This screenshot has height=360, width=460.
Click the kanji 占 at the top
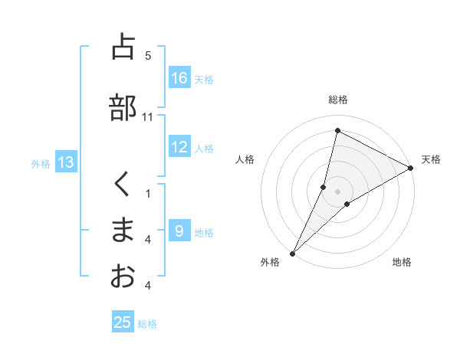[x=123, y=47]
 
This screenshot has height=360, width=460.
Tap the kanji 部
[x=123, y=108]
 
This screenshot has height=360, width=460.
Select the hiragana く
[x=123, y=185]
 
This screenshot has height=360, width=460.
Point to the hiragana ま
[x=123, y=230]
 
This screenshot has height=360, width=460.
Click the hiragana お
[x=123, y=276]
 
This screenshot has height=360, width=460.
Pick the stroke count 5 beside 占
[x=148, y=56]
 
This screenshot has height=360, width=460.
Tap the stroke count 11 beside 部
[x=148, y=117]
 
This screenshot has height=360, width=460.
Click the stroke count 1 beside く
[x=148, y=194]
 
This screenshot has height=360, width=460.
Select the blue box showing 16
[x=179, y=78]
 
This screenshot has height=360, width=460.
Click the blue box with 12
[x=179, y=148]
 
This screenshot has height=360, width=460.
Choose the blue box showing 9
[x=179, y=231]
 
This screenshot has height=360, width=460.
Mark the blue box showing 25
[x=123, y=322]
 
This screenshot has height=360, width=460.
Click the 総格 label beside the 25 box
[x=148, y=324]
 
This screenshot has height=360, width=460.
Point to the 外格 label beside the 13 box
[x=41, y=163]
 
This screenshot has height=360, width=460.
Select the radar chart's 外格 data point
[x=292, y=253]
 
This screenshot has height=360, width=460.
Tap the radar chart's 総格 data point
[x=337, y=131]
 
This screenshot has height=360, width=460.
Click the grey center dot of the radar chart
[x=337, y=191]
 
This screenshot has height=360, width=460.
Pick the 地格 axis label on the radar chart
[x=402, y=262]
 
